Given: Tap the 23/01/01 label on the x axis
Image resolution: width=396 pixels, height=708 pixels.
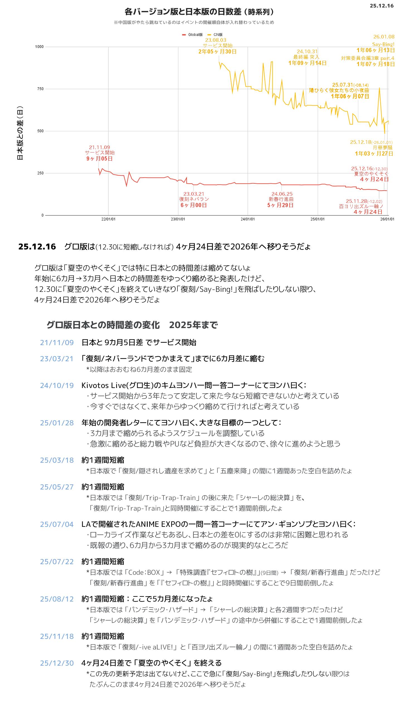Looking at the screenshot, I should click(x=178, y=219).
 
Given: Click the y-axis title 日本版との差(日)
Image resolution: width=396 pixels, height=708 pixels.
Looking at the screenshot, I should click(x=20, y=133).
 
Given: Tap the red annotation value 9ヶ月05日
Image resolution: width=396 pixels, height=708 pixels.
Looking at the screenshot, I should click(x=99, y=159).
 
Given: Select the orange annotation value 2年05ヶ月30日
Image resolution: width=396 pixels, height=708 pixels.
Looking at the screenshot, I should click(x=217, y=52).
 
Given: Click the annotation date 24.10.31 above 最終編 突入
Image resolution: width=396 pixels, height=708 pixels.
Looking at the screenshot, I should click(x=307, y=52).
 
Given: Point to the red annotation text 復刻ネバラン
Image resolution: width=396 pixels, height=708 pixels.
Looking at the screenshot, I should click(x=194, y=199).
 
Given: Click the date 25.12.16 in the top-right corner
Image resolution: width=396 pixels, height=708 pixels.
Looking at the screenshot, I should click(x=381, y=6).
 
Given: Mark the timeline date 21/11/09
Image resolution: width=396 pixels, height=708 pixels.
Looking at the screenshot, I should click(x=57, y=343).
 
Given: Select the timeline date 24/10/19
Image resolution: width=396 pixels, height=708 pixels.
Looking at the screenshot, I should click(x=57, y=385).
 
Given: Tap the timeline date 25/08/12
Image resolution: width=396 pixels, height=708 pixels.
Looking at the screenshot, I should click(x=57, y=599).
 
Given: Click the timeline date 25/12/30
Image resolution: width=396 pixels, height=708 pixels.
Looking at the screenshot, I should click(x=57, y=663).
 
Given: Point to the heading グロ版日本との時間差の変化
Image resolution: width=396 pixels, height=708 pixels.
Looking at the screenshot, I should click(x=103, y=325).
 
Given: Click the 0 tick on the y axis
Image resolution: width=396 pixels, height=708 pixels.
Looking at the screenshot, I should click(x=42, y=215).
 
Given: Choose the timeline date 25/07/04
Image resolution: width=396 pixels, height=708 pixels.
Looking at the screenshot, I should click(x=57, y=524).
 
